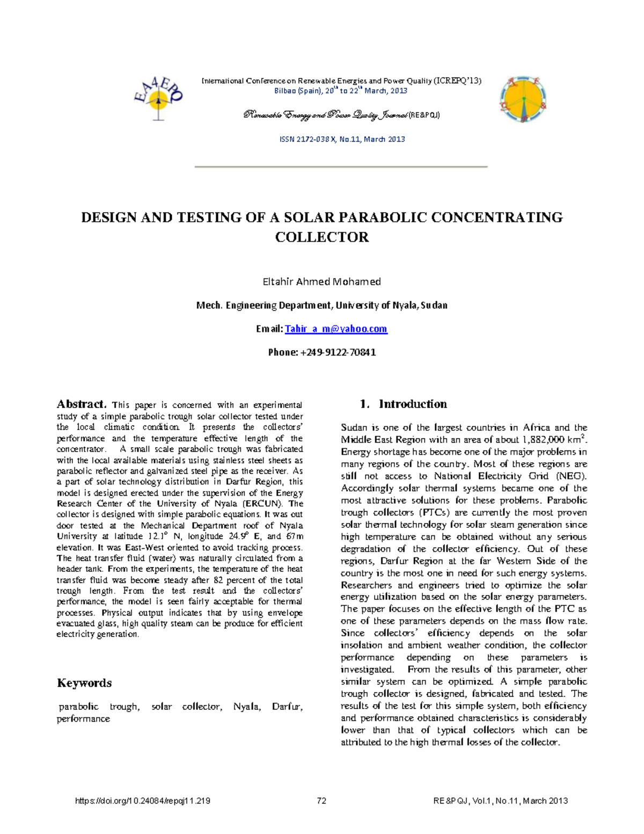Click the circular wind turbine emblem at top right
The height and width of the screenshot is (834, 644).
point(523,99)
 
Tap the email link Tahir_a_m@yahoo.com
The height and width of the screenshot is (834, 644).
point(335,329)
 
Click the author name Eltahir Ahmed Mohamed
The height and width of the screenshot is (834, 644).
point(321,281)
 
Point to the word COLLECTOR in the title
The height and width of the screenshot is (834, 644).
point(321,237)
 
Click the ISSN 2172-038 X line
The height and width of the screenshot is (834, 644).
point(342,139)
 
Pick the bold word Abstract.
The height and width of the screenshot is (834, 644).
point(82,404)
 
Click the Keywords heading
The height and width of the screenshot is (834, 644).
point(84,683)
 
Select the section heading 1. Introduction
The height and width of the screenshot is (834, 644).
point(403,404)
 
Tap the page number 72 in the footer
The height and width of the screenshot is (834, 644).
point(321,801)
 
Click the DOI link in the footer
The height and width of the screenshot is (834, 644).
point(143,801)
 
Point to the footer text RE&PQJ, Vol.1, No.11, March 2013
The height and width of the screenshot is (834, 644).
point(500,801)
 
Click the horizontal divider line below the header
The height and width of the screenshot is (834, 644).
point(341,167)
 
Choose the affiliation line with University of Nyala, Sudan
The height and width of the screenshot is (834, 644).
point(321,306)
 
